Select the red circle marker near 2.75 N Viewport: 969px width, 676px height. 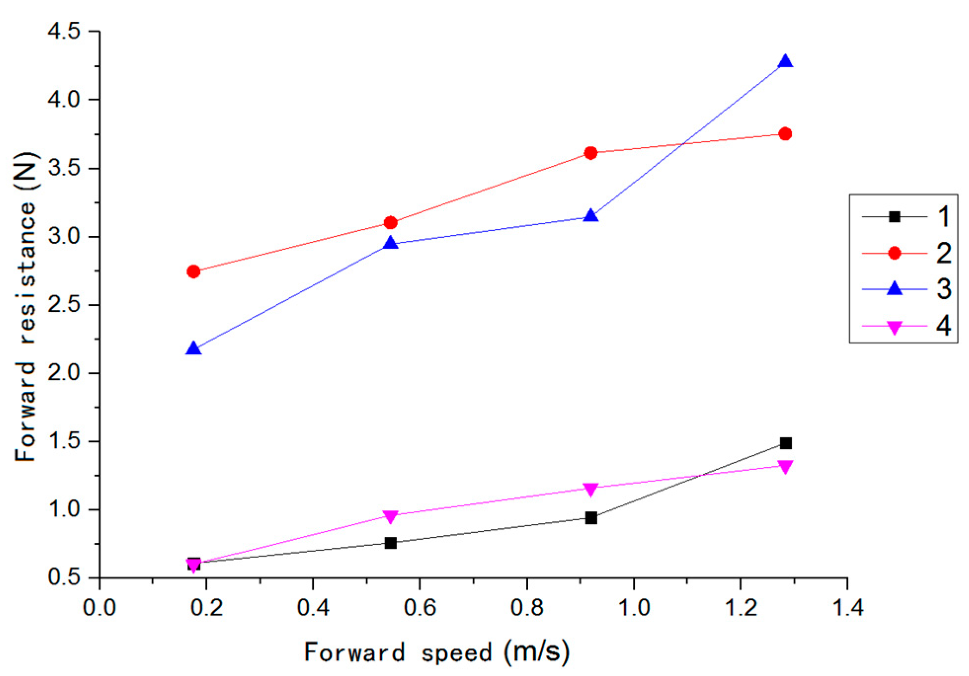tap(194, 271)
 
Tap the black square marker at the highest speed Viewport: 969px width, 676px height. tap(785, 443)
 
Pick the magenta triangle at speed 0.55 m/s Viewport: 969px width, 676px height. tap(390, 516)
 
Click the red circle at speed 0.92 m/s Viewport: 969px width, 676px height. tap(590, 153)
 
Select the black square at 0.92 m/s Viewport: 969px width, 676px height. tap(591, 518)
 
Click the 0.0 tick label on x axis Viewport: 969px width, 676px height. tap(100, 607)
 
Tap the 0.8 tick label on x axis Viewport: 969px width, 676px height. tap(527, 607)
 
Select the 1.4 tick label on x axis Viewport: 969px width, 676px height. tap(847, 607)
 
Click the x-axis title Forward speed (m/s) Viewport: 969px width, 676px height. tap(436, 652)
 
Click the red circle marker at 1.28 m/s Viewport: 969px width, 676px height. tap(785, 134)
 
